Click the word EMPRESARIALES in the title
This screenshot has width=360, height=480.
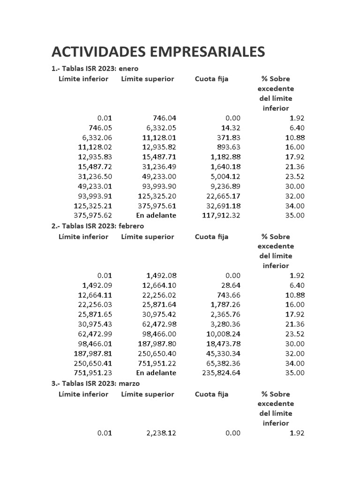click(x=212, y=52)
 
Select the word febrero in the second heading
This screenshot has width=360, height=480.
click(x=131, y=226)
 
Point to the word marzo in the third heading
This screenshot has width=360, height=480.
click(x=130, y=383)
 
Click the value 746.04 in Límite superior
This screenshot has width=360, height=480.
click(x=165, y=118)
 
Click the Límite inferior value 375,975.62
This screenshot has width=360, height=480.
click(x=93, y=215)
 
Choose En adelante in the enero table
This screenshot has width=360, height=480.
click(x=156, y=215)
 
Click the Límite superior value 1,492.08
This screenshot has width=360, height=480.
click(x=161, y=276)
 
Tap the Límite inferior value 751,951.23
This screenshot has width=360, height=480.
click(x=93, y=373)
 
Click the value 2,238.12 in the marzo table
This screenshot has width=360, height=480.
click(x=161, y=433)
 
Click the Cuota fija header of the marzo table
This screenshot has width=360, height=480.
click(x=211, y=394)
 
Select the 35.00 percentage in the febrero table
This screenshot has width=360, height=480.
click(x=295, y=373)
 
